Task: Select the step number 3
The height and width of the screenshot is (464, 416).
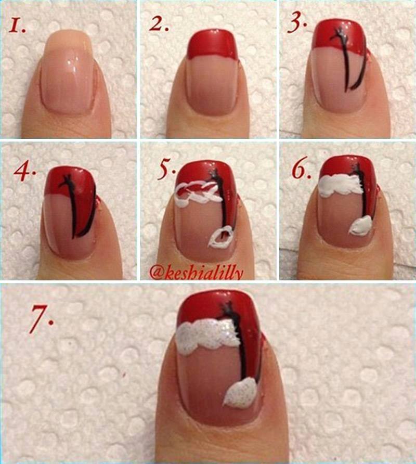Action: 297,22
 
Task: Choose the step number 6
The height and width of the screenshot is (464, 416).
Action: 302,170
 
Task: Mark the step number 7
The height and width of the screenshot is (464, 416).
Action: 42,318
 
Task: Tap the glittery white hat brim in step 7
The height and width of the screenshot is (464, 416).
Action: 208,338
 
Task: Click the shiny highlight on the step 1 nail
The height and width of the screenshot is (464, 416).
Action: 72,63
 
